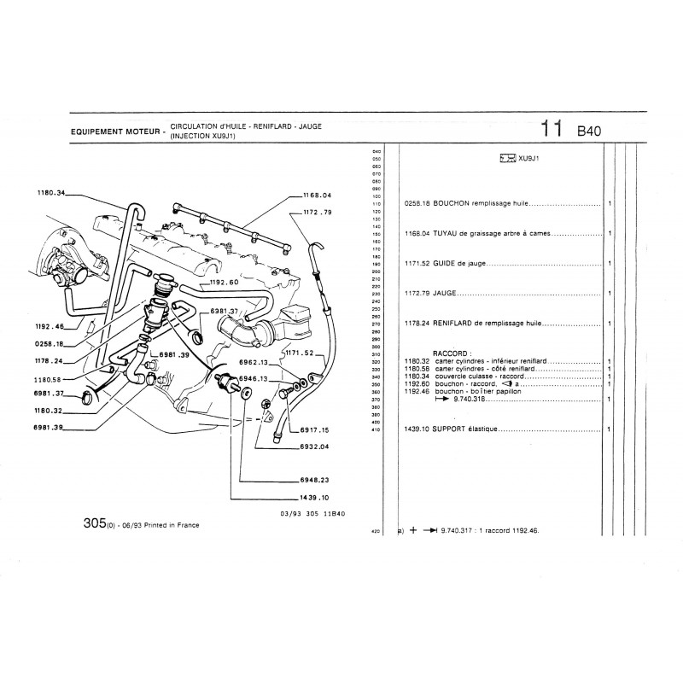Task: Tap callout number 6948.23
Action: (315, 479)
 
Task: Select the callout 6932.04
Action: (314, 447)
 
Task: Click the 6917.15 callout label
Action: (314, 430)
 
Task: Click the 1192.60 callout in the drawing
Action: (224, 281)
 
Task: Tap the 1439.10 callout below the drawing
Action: (315, 496)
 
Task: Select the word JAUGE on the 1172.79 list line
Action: (446, 293)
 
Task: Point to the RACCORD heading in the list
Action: (452, 352)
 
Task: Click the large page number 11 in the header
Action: (552, 129)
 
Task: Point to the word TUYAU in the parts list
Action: (446, 233)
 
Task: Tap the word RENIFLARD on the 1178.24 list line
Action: (459, 324)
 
